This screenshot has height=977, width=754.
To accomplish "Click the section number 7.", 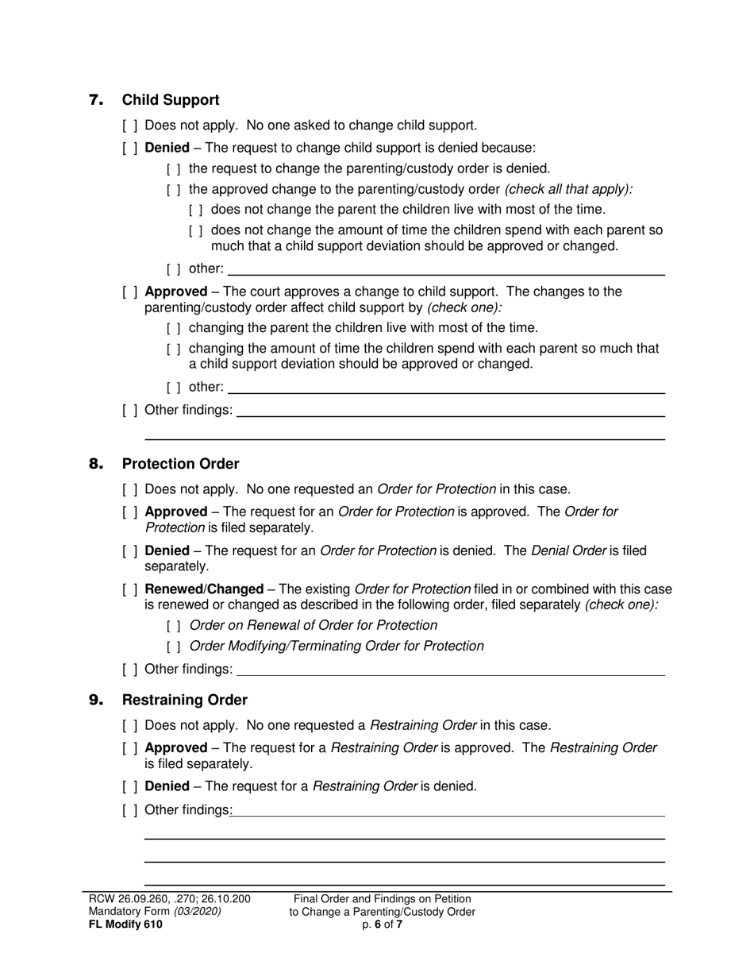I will (x=96, y=100).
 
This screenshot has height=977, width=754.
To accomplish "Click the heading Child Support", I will (x=170, y=100).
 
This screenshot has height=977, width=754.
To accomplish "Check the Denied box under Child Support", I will (x=130, y=148).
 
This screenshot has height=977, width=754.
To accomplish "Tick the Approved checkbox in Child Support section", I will (x=130, y=292).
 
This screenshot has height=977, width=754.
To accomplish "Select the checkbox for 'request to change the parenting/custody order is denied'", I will (x=174, y=168).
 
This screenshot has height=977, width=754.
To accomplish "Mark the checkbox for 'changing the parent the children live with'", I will (x=174, y=328).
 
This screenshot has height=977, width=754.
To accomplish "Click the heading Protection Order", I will (x=180, y=464).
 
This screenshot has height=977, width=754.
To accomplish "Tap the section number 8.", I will (x=96, y=464).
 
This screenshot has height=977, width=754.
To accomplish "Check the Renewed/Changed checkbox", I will (x=130, y=589).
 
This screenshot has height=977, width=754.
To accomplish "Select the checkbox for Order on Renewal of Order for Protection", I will (x=174, y=626).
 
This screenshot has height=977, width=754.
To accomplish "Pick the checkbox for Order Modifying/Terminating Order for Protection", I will (x=174, y=647).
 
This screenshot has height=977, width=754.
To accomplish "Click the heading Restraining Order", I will (x=184, y=700).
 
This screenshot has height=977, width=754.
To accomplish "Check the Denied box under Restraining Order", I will (x=130, y=786).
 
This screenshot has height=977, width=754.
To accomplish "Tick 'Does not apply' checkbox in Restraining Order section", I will (x=130, y=725).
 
